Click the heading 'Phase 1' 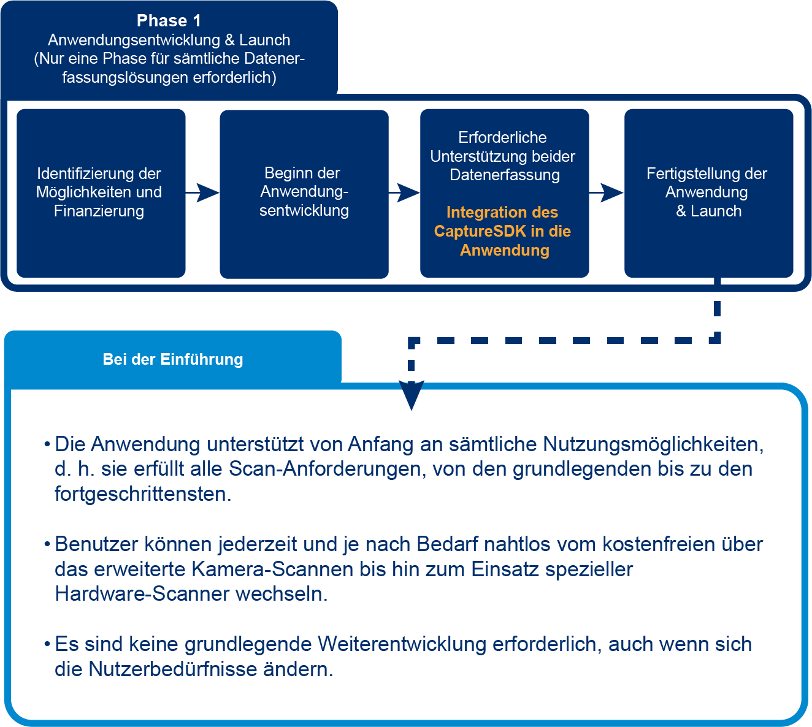click(169, 21)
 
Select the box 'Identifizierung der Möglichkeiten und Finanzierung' click(101, 192)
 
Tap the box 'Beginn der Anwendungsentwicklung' click(304, 192)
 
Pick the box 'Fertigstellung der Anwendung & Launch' click(708, 192)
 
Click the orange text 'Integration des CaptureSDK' click(502, 221)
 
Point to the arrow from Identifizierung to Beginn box click(203, 192)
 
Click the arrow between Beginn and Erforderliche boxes click(405, 192)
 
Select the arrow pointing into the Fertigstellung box click(607, 192)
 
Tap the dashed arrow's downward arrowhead click(411, 395)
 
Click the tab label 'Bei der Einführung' click(173, 359)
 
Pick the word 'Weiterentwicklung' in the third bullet click(402, 644)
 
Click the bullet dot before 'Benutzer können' click(47, 544)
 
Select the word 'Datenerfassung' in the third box click(504, 175)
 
